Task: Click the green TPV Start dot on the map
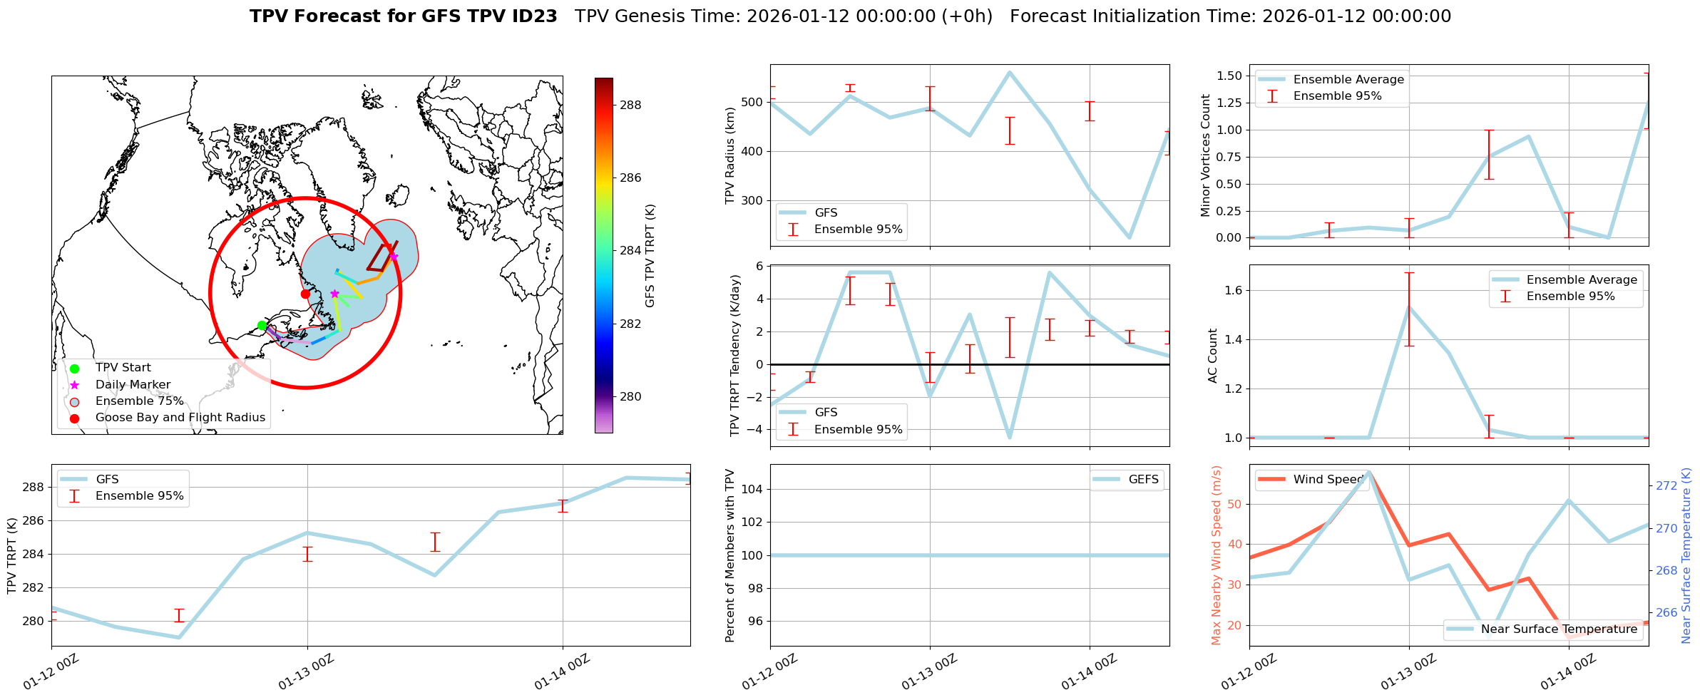(x=262, y=326)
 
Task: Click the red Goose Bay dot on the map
(x=305, y=294)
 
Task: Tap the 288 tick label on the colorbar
(x=630, y=105)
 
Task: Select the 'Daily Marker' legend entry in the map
(x=133, y=385)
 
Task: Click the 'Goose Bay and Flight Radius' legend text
(x=180, y=418)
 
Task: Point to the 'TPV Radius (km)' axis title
(x=729, y=155)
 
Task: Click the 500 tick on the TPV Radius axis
(x=753, y=102)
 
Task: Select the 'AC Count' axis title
(x=1213, y=356)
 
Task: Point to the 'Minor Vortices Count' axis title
(x=1206, y=155)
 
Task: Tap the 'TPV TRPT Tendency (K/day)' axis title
(x=735, y=356)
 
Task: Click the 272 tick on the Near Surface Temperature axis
(x=1666, y=486)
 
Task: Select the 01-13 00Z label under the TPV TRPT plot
(x=306, y=672)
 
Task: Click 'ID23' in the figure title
(x=534, y=16)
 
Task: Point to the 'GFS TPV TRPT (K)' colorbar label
(x=650, y=256)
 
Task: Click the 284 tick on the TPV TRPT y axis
(x=34, y=555)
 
